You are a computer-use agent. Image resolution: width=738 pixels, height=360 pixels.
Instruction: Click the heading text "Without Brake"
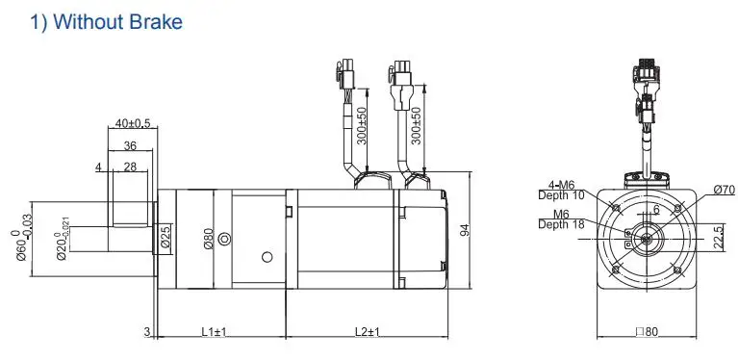pyautogui.click(x=117, y=21)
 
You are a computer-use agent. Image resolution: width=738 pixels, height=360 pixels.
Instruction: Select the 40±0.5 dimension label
pyautogui.click(x=132, y=123)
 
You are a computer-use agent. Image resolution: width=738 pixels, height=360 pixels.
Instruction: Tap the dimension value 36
pyautogui.click(x=130, y=146)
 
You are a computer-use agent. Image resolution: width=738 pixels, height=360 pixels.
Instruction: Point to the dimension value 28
pyautogui.click(x=130, y=167)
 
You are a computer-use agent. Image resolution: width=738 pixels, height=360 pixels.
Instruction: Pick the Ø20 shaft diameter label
pyautogui.click(x=64, y=239)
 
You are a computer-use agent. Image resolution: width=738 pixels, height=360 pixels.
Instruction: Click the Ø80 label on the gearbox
pyautogui.click(x=209, y=239)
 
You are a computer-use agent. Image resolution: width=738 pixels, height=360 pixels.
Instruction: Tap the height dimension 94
pyautogui.click(x=465, y=230)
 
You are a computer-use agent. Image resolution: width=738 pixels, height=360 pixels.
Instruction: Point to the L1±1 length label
pyautogui.click(x=215, y=332)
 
